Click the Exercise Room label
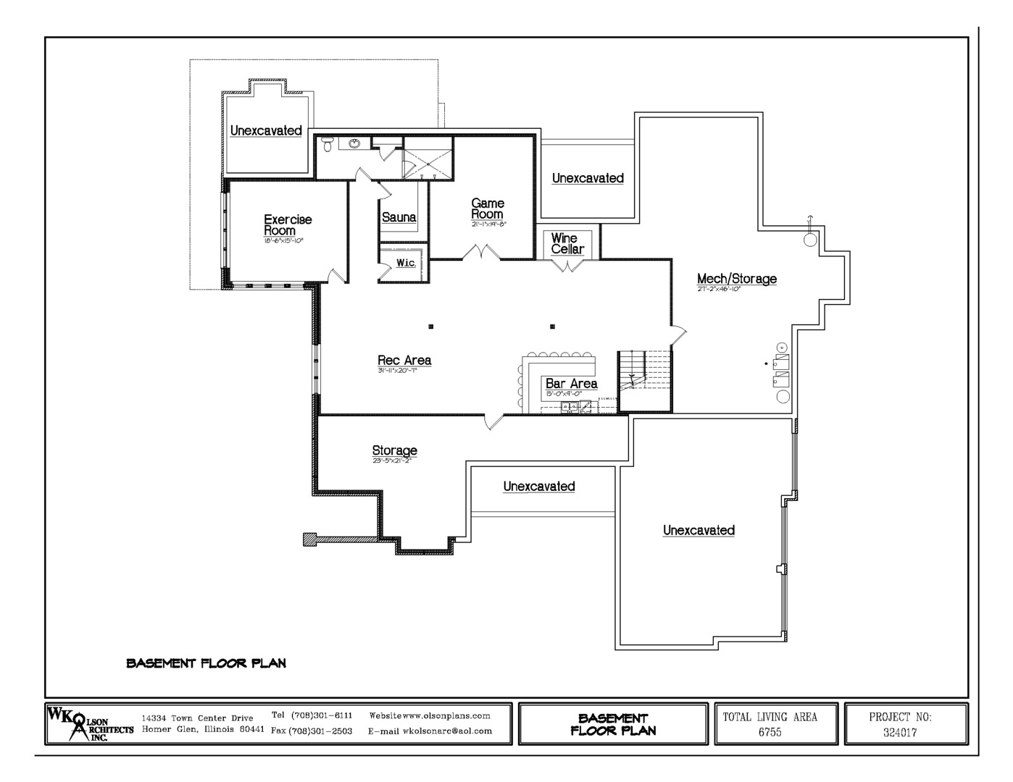pyautogui.click(x=288, y=224)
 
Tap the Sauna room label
pyautogui.click(x=399, y=217)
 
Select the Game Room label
pyautogui.click(x=487, y=209)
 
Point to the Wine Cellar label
pyautogui.click(x=566, y=243)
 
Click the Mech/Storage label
pyautogui.click(x=736, y=279)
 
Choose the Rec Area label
pyautogui.click(x=404, y=361)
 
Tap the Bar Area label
pyautogui.click(x=571, y=384)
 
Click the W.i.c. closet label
pyautogui.click(x=406, y=263)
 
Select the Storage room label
pyautogui.click(x=394, y=450)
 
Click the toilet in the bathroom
pyautogui.click(x=327, y=144)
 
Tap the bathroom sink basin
pyautogui.click(x=354, y=143)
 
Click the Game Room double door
pyautogui.click(x=481, y=253)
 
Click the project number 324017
pyautogui.click(x=900, y=732)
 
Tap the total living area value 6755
pyautogui.click(x=770, y=732)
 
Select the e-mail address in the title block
pyautogui.click(x=430, y=731)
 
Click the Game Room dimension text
pyautogui.click(x=487, y=224)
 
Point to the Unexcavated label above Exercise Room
pyautogui.click(x=266, y=131)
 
